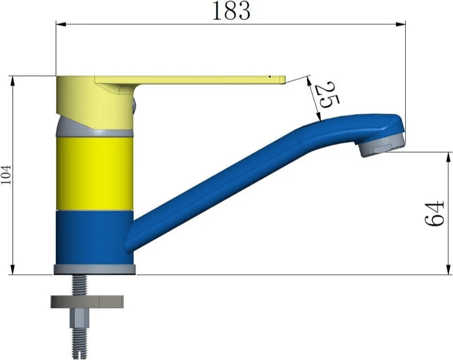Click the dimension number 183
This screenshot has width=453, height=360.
click(231, 11)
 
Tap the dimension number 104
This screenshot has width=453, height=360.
click(6, 175)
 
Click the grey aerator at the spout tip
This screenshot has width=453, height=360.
click(381, 145)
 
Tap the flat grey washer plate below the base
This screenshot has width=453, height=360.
click(87, 301)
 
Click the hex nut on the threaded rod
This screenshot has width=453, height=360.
click(80, 318)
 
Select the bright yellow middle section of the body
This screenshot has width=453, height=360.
click(95, 173)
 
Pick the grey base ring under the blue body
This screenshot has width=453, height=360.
click(95, 269)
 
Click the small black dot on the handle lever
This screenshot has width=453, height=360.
click(269, 77)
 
